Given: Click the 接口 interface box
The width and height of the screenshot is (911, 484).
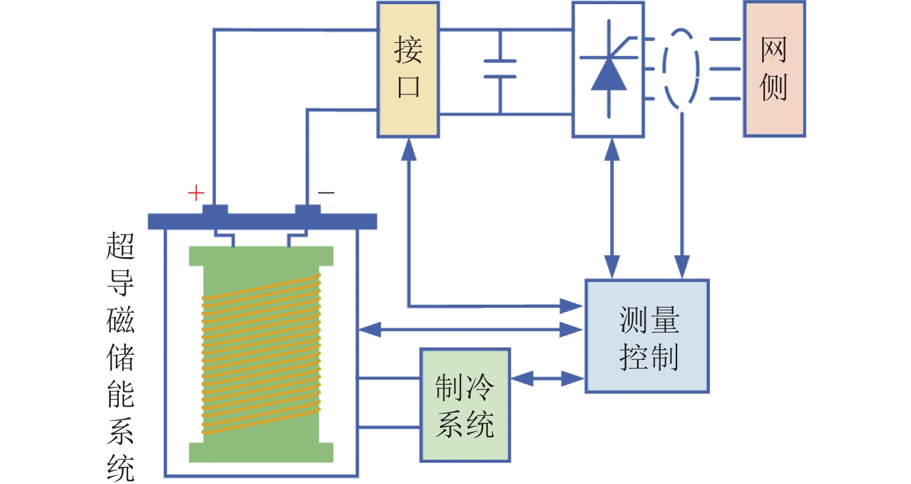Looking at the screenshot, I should (408, 69).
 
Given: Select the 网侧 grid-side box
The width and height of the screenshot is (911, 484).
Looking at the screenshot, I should (774, 69).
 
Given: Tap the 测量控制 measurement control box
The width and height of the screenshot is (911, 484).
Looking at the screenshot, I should (647, 336).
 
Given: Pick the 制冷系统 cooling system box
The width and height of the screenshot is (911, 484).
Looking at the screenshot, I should (465, 405).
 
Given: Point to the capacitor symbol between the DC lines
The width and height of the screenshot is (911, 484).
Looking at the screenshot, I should (500, 69).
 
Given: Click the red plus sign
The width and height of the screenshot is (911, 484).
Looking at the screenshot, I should (196, 193).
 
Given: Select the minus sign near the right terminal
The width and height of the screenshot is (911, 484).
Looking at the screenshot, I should (326, 192).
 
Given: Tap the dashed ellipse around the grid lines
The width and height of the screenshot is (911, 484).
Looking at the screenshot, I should (681, 69).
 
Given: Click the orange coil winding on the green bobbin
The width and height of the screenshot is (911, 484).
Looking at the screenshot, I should (261, 353).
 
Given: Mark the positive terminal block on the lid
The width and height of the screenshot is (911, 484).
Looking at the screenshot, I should (215, 210).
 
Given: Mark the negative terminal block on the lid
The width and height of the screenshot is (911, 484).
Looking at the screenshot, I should (308, 210).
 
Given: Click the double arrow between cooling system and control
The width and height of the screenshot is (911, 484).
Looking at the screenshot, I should (547, 378).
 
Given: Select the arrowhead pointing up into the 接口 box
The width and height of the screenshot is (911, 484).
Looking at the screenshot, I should (409, 150).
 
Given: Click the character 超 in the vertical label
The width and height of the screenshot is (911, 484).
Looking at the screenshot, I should (120, 246).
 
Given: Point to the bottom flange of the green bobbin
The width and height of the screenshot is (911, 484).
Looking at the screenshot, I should (261, 452).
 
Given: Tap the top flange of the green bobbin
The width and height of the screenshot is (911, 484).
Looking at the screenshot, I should (261, 256).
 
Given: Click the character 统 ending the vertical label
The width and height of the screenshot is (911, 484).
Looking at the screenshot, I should (120, 469).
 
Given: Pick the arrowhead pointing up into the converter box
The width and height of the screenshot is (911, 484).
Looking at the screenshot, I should (612, 150).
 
